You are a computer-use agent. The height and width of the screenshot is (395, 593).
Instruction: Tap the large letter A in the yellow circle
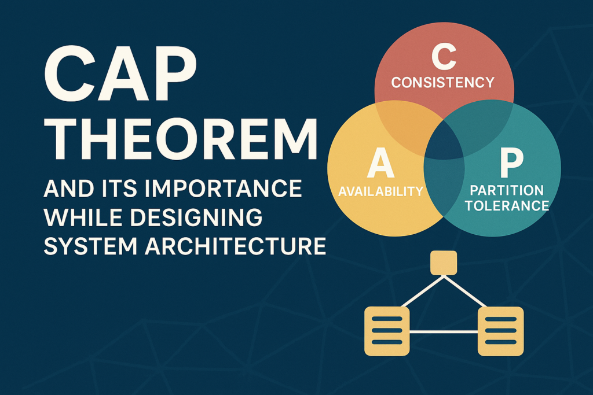(x=380, y=165)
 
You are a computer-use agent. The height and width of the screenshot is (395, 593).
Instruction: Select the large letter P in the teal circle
(x=510, y=164)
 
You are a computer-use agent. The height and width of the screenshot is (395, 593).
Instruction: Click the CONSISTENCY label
(x=443, y=82)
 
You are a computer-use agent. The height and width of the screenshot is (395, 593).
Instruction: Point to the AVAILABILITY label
(x=380, y=191)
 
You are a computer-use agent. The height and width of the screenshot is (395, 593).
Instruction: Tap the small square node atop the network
(x=444, y=263)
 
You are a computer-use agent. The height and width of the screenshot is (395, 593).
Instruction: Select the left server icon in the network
(x=386, y=331)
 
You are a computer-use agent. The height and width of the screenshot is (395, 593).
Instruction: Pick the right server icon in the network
(x=500, y=331)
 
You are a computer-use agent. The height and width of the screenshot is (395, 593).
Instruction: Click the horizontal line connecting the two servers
(x=444, y=331)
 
